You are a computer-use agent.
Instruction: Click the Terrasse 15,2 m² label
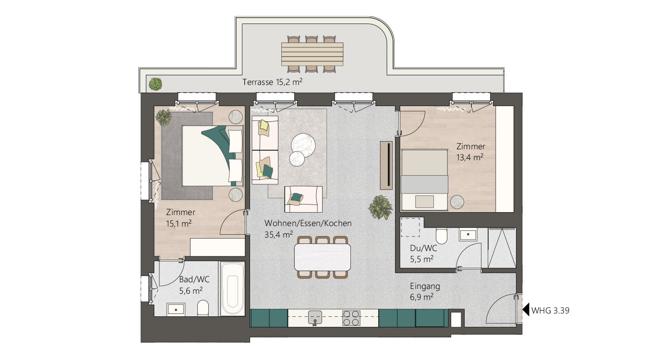pyautogui.click(x=272, y=82)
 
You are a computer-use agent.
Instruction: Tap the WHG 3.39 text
pyautogui.click(x=550, y=311)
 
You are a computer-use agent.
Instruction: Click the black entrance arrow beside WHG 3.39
pyautogui.click(x=526, y=309)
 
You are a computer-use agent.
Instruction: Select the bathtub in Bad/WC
pyautogui.click(x=232, y=289)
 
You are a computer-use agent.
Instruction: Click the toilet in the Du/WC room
pyautogui.click(x=442, y=236)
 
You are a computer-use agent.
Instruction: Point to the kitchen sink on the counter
pyautogui.click(x=315, y=318)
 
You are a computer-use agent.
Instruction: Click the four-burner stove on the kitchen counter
pyautogui.click(x=351, y=318)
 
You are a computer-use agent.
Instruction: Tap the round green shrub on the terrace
pyautogui.click(x=156, y=84)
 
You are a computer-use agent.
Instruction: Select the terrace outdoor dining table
pyautogui.click(x=312, y=54)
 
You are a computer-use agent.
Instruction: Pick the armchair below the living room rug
pyautogui.click(x=303, y=199)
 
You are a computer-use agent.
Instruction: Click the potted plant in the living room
pyautogui.click(x=381, y=207)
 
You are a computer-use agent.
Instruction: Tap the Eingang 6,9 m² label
pyautogui.click(x=425, y=292)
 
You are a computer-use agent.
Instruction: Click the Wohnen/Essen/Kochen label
pyautogui.click(x=308, y=223)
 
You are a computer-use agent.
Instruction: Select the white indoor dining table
pyautogui.click(x=322, y=257)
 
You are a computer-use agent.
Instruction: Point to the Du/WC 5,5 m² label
pyautogui.click(x=423, y=253)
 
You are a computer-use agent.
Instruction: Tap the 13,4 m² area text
pyautogui.click(x=470, y=157)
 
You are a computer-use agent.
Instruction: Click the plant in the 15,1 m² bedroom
pyautogui.click(x=164, y=118)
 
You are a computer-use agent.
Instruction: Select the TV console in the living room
pyautogui.click(x=386, y=165)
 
